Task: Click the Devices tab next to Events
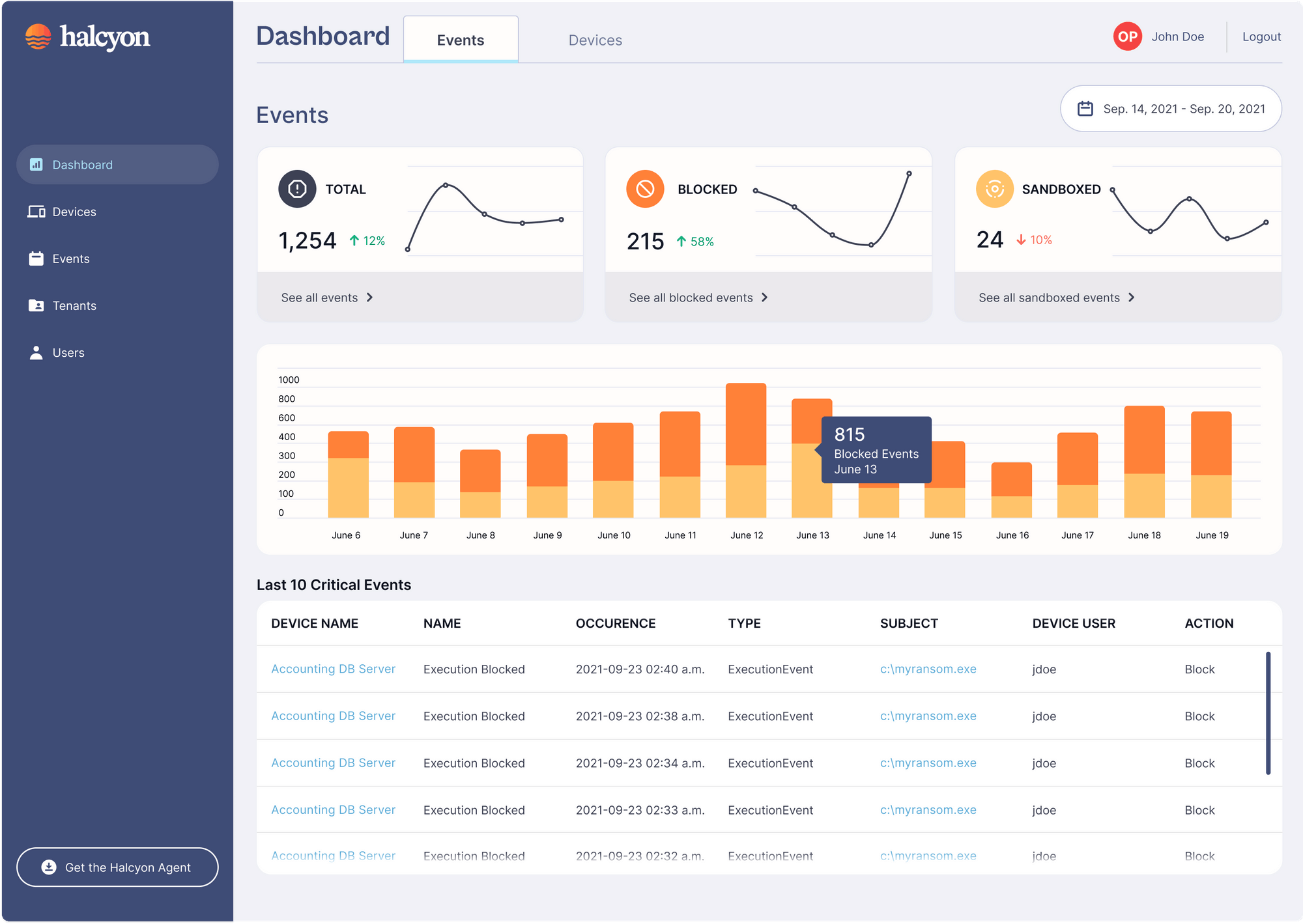point(595,40)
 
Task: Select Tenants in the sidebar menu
point(74,305)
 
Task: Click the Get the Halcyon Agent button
point(117,867)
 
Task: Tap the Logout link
point(1261,37)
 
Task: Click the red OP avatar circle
point(1127,36)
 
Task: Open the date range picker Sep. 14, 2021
point(1171,109)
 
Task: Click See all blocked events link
point(698,298)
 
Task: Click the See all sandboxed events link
point(1055,298)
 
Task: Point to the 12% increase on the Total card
point(367,241)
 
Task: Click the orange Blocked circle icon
point(644,189)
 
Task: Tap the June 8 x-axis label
point(480,535)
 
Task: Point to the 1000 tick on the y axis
point(289,380)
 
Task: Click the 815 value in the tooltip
point(849,434)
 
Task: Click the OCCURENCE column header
point(615,623)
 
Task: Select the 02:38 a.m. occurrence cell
point(640,716)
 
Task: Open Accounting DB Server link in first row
point(333,669)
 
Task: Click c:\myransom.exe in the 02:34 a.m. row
point(928,763)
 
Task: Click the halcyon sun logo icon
point(38,36)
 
